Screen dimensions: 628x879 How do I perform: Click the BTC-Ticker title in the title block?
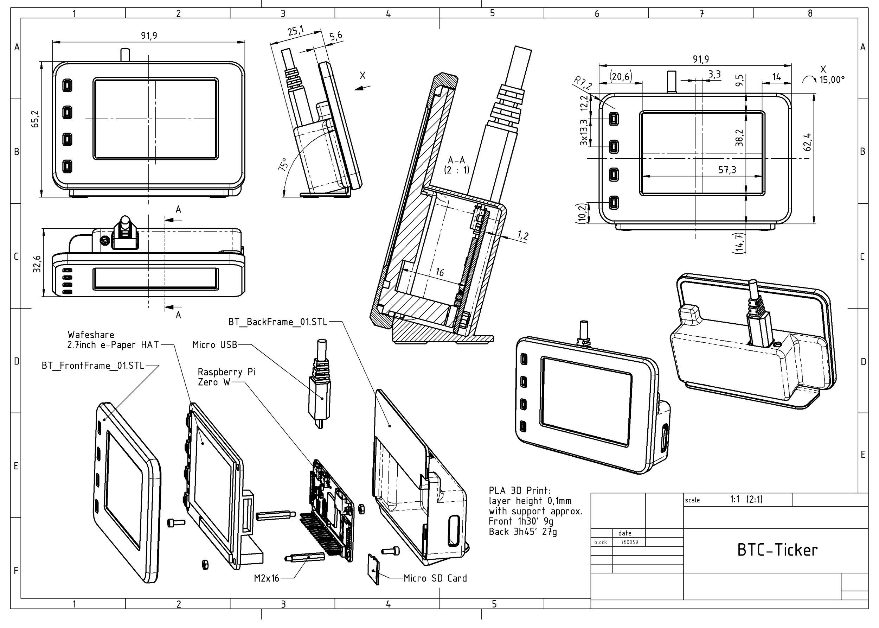[777, 550]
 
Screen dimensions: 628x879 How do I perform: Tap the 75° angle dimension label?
[283, 165]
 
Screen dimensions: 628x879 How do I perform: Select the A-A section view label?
[456, 160]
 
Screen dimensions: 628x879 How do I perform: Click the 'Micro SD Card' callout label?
[435, 578]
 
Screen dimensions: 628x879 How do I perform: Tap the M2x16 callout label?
[267, 578]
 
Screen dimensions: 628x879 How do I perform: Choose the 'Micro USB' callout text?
[215, 344]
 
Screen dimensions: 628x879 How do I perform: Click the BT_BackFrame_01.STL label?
[278, 322]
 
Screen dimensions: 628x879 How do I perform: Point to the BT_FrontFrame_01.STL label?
[93, 366]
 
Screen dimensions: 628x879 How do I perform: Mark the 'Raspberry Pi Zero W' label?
[226, 377]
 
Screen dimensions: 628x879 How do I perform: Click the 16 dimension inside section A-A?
[440, 273]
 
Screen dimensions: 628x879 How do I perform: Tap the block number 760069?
[629, 542]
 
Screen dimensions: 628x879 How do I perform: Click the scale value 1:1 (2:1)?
[746, 499]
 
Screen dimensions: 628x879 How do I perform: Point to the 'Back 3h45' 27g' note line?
[523, 532]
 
